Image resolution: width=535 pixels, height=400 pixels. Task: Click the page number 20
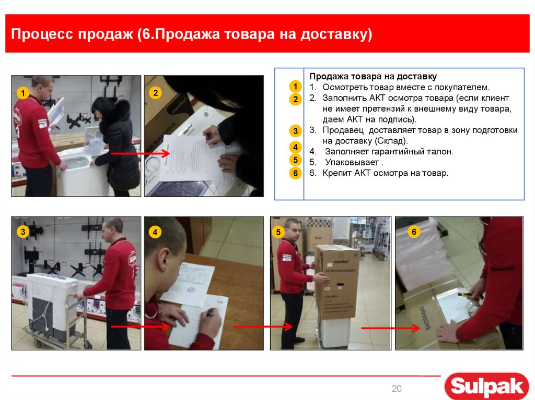tap(397, 389)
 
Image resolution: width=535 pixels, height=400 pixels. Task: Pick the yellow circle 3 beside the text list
tap(295, 131)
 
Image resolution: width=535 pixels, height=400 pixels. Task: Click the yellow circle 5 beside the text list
tap(295, 160)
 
